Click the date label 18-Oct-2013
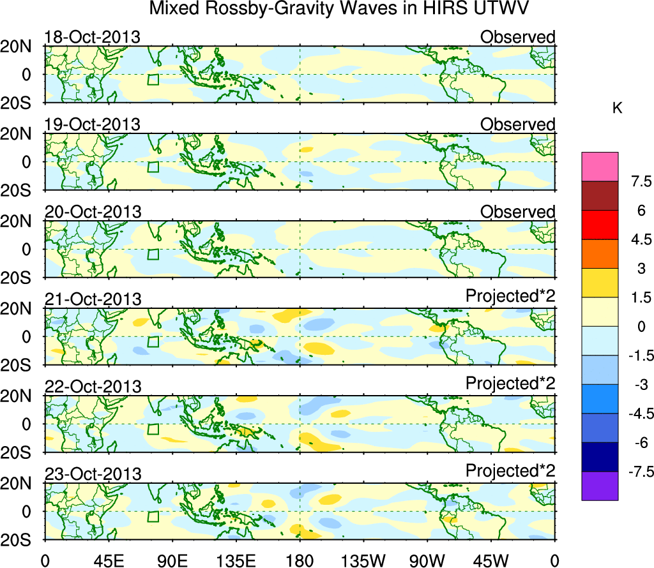tap(92, 37)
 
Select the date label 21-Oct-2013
tap(92, 299)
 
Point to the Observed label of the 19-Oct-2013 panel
tap(517, 124)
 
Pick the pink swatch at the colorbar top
tap(600, 167)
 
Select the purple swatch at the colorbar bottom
tap(600, 486)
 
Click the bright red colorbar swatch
tap(600, 225)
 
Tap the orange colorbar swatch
tap(600, 254)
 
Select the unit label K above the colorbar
tap(617, 108)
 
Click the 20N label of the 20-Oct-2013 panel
tap(20, 221)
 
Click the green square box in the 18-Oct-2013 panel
tap(153, 79)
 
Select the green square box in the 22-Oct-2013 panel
tap(153, 429)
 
